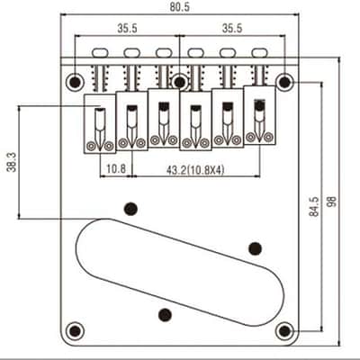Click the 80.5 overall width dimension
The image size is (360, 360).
(x=180, y=6)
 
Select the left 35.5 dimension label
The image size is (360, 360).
(x=127, y=28)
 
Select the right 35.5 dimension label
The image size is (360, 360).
(x=232, y=28)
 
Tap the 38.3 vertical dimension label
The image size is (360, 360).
(x=12, y=162)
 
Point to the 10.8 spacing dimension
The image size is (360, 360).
(x=116, y=169)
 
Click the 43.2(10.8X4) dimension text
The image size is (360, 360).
(x=195, y=170)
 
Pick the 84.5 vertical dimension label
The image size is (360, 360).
(x=314, y=206)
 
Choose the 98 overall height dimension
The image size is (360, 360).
(x=332, y=202)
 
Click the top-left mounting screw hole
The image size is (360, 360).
(x=75, y=81)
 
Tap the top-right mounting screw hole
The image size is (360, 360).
(x=285, y=82)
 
